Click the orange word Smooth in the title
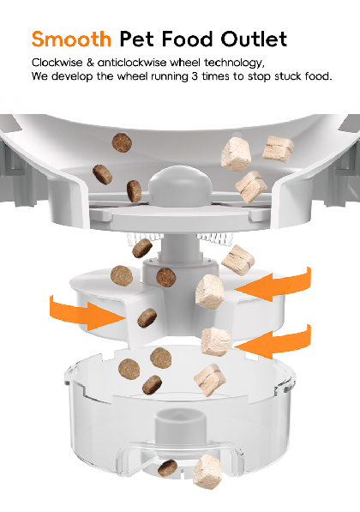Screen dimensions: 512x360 [71, 39]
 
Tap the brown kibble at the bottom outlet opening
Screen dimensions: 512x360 [167, 467]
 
